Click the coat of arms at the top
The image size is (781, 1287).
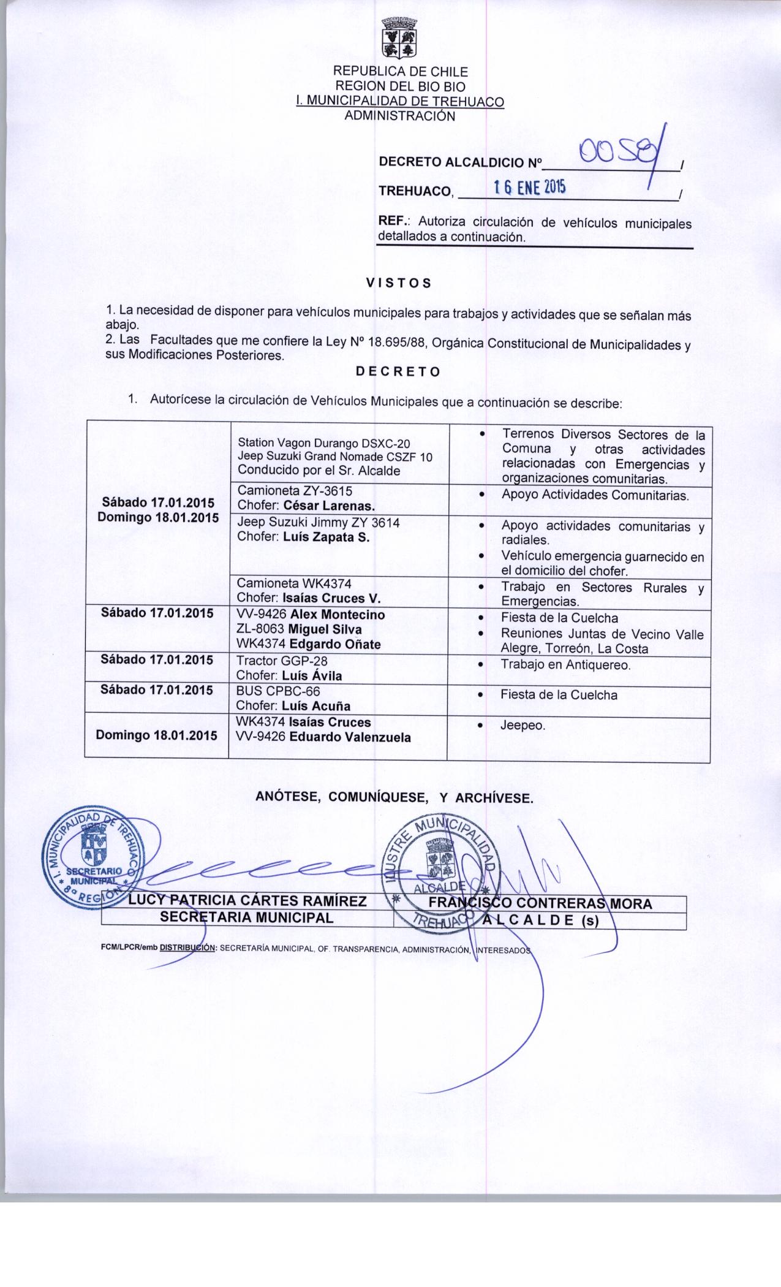click(399, 39)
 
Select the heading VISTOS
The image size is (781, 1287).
click(398, 283)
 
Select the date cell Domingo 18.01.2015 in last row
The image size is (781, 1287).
click(156, 735)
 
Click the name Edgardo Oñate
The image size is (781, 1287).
click(335, 644)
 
